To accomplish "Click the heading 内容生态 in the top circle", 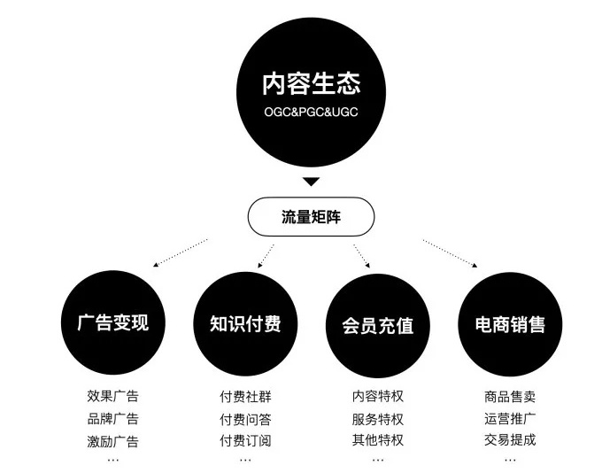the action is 311,84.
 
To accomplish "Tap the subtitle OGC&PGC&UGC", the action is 311,112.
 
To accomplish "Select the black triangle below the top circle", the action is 311,182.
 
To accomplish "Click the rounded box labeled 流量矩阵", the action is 311,217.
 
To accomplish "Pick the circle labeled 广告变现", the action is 113,322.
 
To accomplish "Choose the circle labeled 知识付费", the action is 245,324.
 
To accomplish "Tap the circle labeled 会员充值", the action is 378,325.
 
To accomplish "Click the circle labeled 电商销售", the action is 510,324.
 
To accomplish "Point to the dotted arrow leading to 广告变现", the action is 180,252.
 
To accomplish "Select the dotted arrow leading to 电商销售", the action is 450,253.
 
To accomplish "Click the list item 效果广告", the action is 113,396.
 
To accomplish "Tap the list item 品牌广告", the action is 113,418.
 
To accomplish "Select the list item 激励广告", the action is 113,441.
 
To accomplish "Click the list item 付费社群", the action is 245,396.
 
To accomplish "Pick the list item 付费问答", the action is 245,419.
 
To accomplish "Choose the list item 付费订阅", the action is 245,440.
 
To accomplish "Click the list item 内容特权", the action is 378,396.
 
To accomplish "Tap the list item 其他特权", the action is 378,439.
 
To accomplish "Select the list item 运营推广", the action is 510,418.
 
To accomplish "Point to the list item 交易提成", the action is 510,439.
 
